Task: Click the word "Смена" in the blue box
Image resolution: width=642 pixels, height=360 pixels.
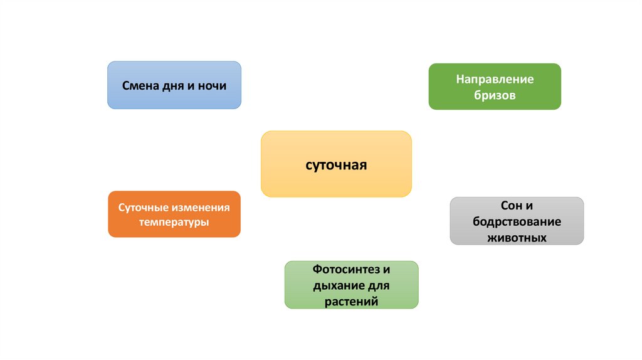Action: [x=139, y=85]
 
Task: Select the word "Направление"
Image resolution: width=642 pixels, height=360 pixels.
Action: [x=495, y=80]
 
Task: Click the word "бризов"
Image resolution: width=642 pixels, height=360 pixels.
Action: [x=495, y=96]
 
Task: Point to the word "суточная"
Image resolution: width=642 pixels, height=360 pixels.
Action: [x=336, y=166]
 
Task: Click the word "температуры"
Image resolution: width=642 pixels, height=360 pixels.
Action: [x=174, y=222]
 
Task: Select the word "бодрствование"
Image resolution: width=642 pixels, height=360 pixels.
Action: [x=517, y=222]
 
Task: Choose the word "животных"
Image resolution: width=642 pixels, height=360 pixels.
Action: [x=517, y=238]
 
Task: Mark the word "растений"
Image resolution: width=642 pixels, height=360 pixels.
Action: [x=351, y=302]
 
